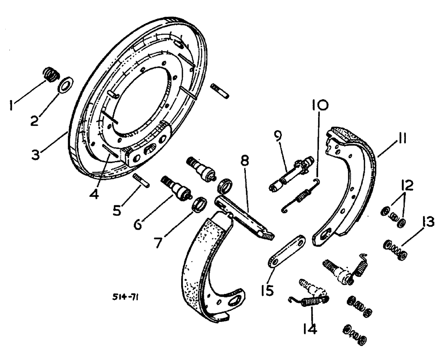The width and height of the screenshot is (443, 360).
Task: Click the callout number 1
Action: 13,105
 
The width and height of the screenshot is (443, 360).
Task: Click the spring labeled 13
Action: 310,329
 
